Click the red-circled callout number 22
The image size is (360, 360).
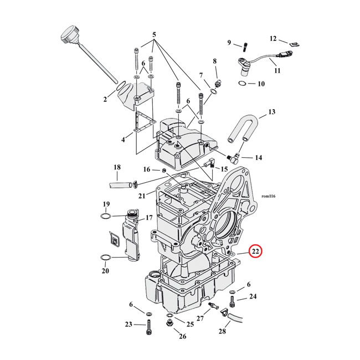[x=255, y=251]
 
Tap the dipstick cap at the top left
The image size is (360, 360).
[x=70, y=35]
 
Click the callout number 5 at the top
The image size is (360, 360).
[x=154, y=35]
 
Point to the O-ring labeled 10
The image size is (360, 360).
[x=243, y=83]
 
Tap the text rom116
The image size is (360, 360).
[x=269, y=196]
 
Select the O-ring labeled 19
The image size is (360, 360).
[x=106, y=216]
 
